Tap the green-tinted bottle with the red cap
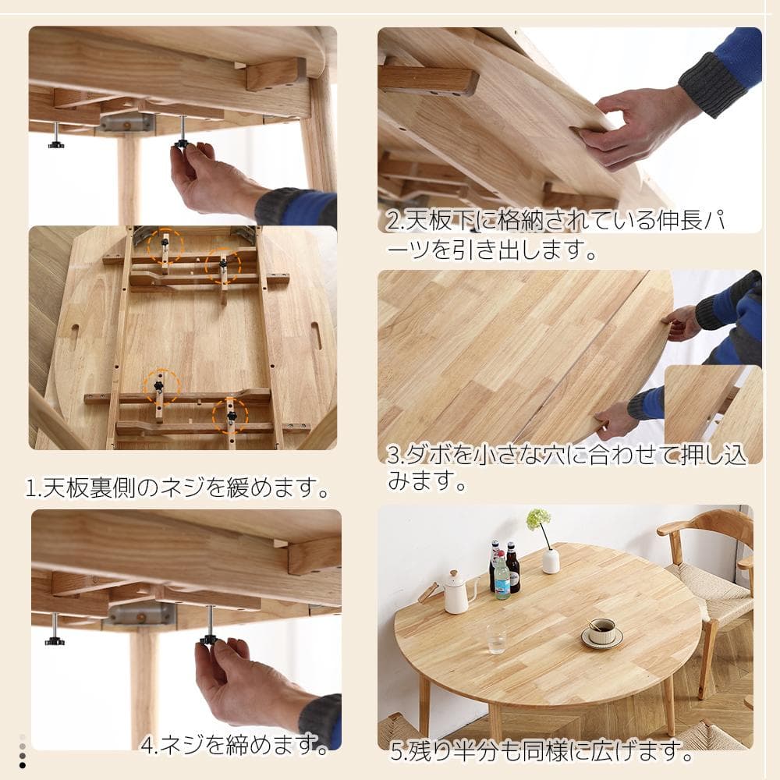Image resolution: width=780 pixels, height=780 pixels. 502,578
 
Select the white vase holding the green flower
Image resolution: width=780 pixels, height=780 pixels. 551,560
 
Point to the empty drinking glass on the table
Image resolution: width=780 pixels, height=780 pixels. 496,637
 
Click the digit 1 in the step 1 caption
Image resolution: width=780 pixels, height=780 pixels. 32,489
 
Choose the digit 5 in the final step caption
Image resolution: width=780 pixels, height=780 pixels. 399,753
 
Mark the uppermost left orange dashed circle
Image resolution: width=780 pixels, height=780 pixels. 165,246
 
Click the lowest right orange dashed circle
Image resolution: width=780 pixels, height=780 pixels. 230,416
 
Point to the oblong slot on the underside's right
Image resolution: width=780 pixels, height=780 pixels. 316,335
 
